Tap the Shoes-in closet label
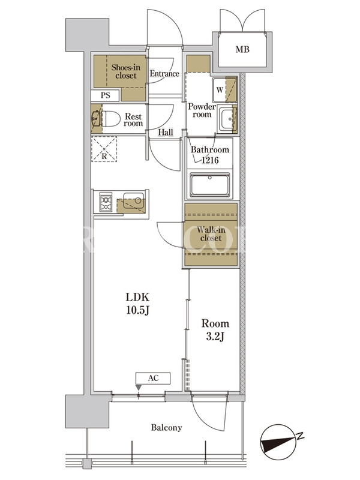click(126, 71)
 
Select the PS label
click(106, 95)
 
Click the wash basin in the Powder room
click(227, 119)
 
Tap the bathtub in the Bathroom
click(209, 185)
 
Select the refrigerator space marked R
click(104, 149)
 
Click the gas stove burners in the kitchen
click(106, 202)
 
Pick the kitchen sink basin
click(134, 201)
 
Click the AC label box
click(153, 378)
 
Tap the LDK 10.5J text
click(137, 304)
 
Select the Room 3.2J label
click(215, 330)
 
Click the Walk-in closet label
click(211, 234)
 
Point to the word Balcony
click(167, 428)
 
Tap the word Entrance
click(164, 74)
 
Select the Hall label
click(166, 132)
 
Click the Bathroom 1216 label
click(210, 155)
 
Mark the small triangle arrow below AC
click(139, 388)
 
